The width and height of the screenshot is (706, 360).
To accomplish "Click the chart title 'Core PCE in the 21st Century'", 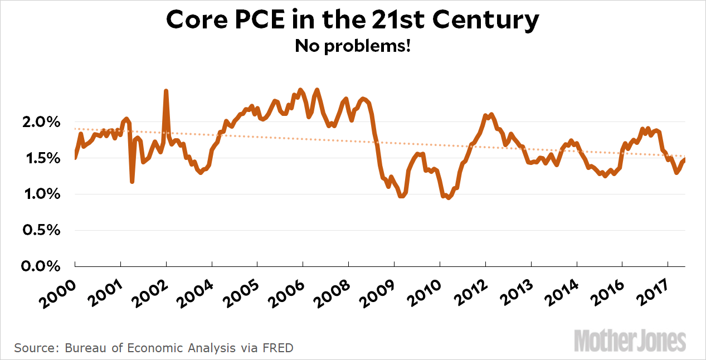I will click(353, 21).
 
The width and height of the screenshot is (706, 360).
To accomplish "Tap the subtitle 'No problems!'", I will click(353, 46).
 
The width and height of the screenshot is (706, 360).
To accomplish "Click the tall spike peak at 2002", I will click(166, 91).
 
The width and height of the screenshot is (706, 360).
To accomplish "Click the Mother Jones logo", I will click(630, 340).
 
